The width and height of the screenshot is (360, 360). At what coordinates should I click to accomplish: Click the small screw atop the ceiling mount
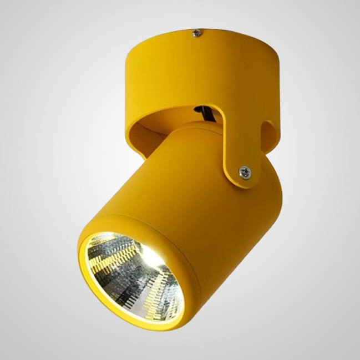[x=195, y=34]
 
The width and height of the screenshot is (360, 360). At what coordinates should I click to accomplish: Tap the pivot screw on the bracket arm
[x=244, y=173]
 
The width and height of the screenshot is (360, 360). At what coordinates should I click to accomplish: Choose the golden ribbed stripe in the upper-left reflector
[x=114, y=252]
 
